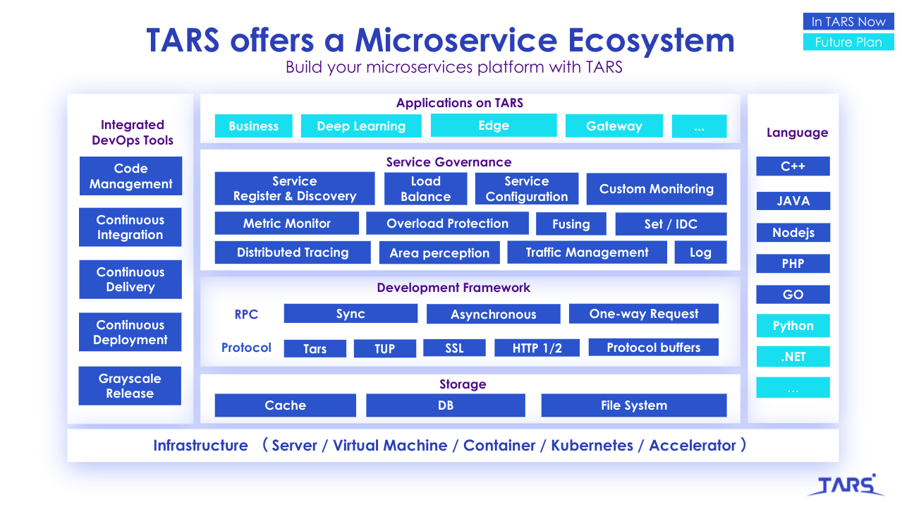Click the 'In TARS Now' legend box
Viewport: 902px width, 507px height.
[848, 21]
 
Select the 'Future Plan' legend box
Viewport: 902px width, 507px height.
[848, 42]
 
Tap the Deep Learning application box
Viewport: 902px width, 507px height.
[361, 126]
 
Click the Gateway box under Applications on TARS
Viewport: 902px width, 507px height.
[614, 126]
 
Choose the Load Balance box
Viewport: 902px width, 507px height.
[426, 188]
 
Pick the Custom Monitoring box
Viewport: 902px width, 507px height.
[657, 189]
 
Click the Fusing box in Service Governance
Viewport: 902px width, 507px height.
[571, 224]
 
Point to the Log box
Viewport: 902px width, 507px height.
[701, 252]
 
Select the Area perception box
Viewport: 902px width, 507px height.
[439, 252]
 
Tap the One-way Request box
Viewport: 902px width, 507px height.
[643, 314]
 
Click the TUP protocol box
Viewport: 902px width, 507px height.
[385, 348]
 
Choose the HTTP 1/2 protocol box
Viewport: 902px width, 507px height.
[537, 348]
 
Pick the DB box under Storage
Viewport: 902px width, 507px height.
[446, 405]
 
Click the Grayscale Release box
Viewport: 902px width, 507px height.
[130, 386]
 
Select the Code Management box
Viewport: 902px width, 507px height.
[131, 176]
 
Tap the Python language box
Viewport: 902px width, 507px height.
[793, 325]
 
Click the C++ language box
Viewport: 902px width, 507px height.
[793, 166]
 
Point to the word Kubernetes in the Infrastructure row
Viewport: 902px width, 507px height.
[592, 446]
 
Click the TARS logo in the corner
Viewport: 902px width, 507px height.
[846, 485]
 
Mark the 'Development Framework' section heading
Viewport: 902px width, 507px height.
[453, 288]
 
